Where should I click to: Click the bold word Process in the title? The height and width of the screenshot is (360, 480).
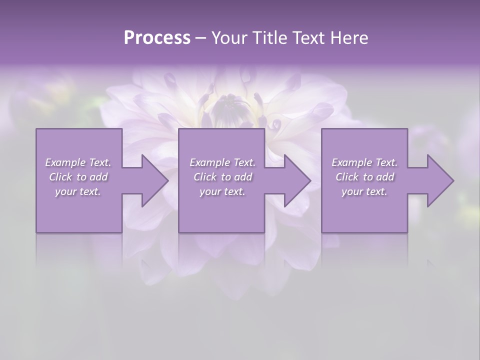pyautogui.click(x=157, y=38)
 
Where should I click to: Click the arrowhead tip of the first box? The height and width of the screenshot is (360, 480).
pyautogui.click(x=168, y=180)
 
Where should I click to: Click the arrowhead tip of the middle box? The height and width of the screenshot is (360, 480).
pyautogui.click(x=310, y=180)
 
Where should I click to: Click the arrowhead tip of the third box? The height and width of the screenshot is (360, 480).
pyautogui.click(x=453, y=180)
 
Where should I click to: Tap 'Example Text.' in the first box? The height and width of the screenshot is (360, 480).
pyautogui.click(x=78, y=162)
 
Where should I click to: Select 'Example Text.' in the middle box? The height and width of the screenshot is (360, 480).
pyautogui.click(x=222, y=162)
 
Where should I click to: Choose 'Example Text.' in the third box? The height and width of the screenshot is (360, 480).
pyautogui.click(x=364, y=162)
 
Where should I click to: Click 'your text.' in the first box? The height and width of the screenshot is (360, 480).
pyautogui.click(x=78, y=191)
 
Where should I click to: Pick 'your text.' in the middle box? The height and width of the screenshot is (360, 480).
pyautogui.click(x=222, y=191)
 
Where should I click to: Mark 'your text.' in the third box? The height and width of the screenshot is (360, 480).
pyautogui.click(x=364, y=191)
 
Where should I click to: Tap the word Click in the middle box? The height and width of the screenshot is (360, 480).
pyautogui.click(x=205, y=177)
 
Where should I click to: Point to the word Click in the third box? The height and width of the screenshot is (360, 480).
pyautogui.click(x=347, y=177)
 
